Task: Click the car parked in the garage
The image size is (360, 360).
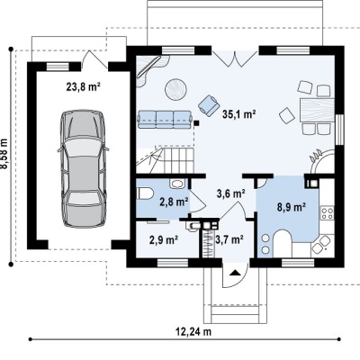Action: click(83, 168)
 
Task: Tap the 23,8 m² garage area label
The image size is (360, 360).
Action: click(83, 87)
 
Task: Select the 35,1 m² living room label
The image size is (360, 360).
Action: click(238, 114)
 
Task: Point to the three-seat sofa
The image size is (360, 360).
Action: click(165, 120)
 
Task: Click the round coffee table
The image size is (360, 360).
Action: click(175, 89)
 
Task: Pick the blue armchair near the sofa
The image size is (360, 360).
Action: click(209, 105)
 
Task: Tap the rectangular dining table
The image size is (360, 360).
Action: click(318, 110)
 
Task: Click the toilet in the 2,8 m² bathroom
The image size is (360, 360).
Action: click(145, 193)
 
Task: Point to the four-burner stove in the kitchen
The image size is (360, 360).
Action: click(328, 213)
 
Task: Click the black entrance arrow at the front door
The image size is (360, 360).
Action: click(235, 273)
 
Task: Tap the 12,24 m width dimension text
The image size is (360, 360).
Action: click(193, 332)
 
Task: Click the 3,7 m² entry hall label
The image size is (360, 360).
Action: click(229, 239)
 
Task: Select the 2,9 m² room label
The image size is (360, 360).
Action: click(164, 240)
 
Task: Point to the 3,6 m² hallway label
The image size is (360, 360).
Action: click(230, 193)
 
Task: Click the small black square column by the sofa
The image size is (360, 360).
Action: click(196, 122)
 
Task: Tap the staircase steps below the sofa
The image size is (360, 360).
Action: click(165, 160)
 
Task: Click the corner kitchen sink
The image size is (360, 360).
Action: click(320, 243)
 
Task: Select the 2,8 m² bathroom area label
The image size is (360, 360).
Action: click(174, 202)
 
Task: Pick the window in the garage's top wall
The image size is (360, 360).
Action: click(58, 67)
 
